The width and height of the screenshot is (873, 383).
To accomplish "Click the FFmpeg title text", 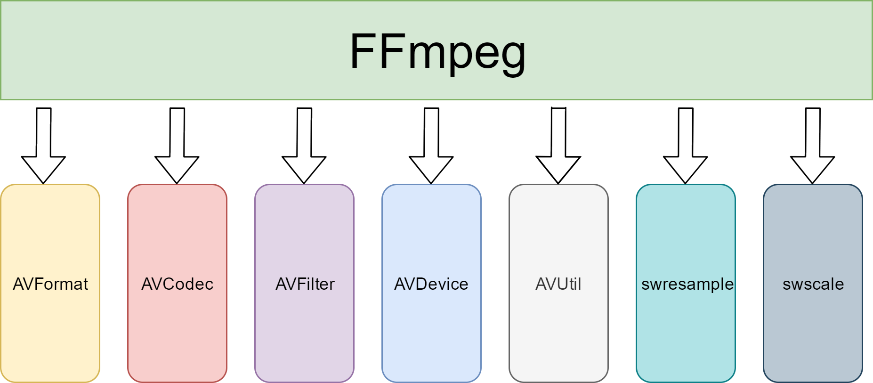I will tap(437, 52).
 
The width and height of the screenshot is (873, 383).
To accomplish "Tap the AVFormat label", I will tap(50, 284).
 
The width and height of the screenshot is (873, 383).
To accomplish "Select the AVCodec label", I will tap(178, 284).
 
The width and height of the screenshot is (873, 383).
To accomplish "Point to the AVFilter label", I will tap(305, 284).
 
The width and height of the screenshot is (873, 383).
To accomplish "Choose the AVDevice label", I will tap(431, 284).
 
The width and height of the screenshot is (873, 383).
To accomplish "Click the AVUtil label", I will tap(558, 284).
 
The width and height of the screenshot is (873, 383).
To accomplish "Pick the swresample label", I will tap(687, 284).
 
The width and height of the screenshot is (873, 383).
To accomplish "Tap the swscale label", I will tap(813, 284).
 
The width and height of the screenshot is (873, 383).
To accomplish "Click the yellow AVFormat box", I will tap(50, 226).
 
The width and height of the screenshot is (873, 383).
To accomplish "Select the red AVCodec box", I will tap(178, 226).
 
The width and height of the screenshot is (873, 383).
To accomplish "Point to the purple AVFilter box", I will tap(305, 226).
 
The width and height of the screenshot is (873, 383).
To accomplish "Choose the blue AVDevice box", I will tap(431, 226).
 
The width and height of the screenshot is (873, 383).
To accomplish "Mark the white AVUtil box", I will tap(558, 226).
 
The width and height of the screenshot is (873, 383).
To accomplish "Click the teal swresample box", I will tap(686, 226).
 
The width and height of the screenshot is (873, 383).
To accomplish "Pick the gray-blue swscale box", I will tap(813, 226).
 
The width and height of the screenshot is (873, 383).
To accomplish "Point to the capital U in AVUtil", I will tap(562, 284).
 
